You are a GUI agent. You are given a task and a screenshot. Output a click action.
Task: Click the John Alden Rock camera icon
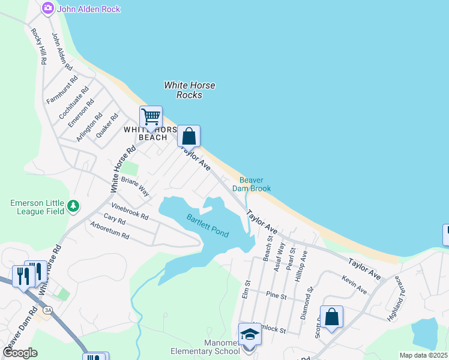47,8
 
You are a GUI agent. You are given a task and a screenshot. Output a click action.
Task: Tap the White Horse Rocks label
190,90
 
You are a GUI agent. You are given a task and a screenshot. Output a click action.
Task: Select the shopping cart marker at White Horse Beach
151,116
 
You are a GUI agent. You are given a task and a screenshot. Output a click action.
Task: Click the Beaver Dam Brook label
255,184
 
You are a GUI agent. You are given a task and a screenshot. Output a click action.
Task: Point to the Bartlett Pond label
207,226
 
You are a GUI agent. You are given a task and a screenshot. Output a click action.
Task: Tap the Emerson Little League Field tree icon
73,206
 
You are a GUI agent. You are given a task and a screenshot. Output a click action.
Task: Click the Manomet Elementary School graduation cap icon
250,334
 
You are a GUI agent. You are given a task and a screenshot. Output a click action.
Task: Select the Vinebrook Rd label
130,211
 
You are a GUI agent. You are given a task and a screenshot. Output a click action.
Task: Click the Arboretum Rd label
109,232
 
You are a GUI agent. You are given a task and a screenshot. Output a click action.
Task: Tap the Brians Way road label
134,187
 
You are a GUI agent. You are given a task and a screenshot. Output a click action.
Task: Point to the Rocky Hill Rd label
39,46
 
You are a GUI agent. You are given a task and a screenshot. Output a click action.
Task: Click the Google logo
20,352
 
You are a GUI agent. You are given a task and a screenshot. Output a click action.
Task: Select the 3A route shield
47,310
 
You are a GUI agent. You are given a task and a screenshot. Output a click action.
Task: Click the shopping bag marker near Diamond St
331,317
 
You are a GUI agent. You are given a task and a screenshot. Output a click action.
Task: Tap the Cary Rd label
114,220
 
